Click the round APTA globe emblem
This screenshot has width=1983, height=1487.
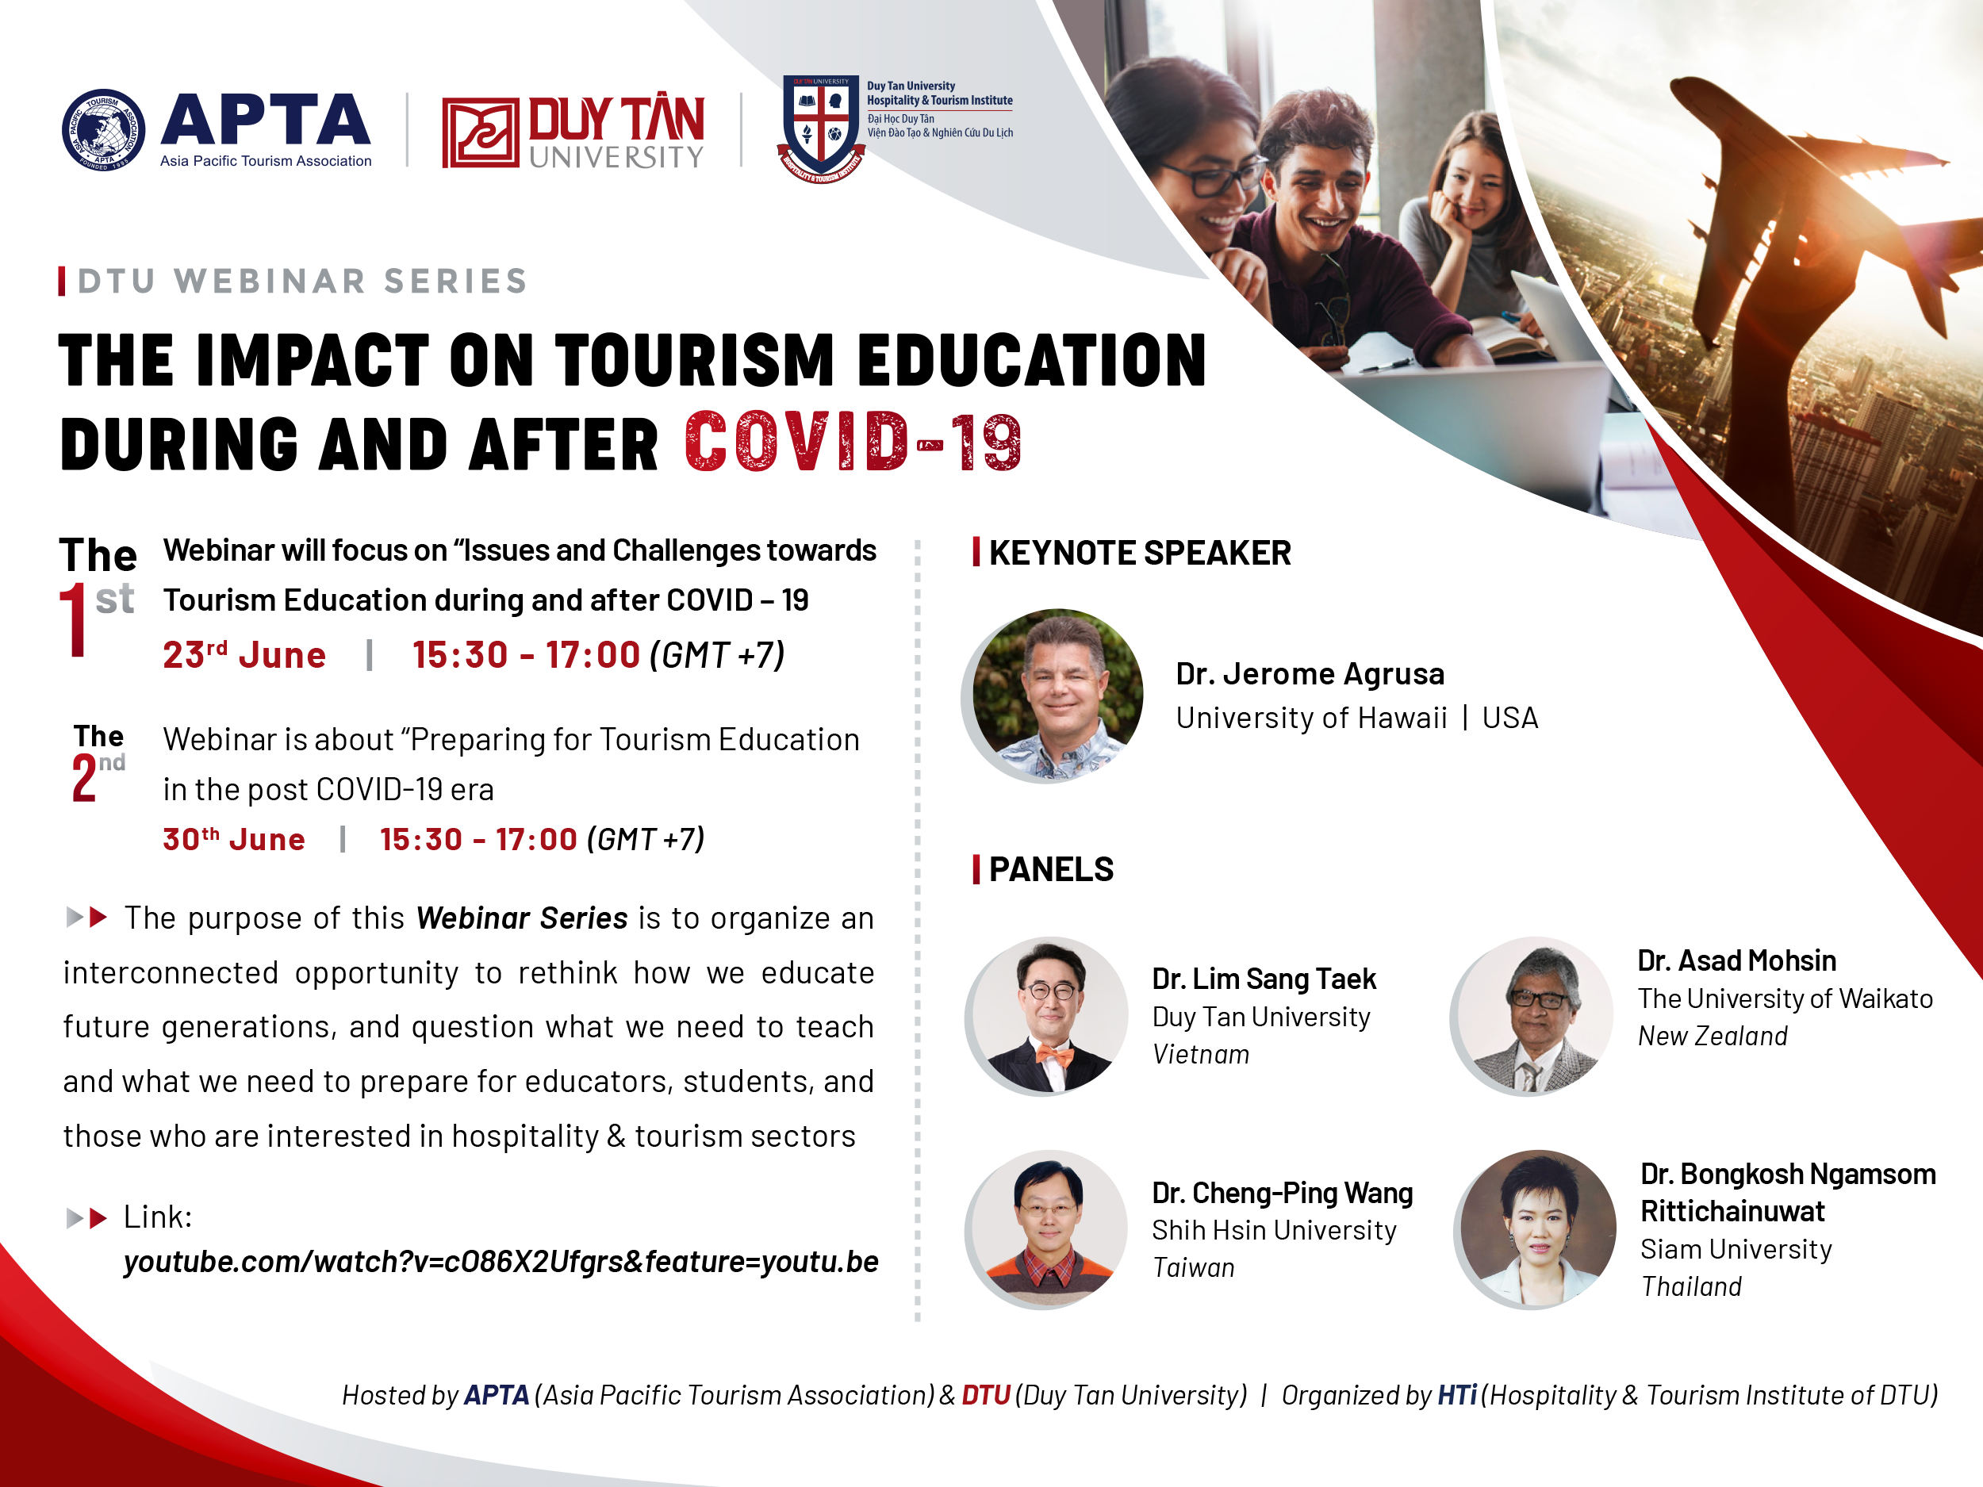(103, 130)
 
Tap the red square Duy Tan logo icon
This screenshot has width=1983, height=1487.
(481, 132)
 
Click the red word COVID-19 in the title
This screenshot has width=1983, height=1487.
(853, 442)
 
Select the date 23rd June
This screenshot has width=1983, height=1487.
(244, 654)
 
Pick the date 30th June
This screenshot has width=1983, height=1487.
(234, 839)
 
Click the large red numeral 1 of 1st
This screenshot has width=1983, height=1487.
(75, 619)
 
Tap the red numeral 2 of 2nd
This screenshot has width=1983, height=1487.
(84, 777)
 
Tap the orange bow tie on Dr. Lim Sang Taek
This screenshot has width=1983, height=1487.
(1054, 1055)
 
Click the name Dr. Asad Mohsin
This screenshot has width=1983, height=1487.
(1736, 961)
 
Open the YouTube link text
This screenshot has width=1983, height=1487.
(501, 1262)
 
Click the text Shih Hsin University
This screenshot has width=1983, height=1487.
(1274, 1231)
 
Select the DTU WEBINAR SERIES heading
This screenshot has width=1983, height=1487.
(303, 281)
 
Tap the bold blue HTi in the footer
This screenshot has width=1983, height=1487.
(1457, 1395)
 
